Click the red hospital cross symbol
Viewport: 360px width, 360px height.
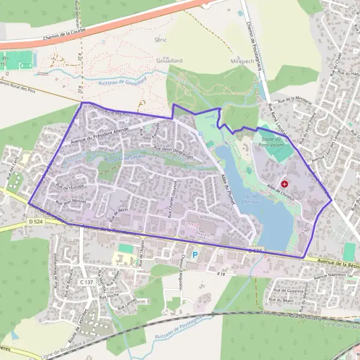pos(284,184)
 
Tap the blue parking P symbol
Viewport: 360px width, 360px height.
pos(194,255)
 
